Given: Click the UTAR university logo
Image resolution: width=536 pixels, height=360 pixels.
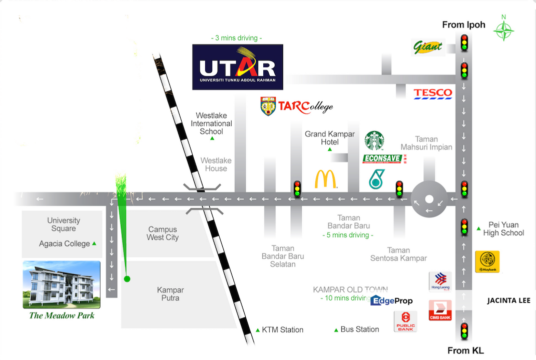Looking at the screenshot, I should [x=238, y=67].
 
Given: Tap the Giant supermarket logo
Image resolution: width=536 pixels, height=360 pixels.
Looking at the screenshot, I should [x=428, y=47].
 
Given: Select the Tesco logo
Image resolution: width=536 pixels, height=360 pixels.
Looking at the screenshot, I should [x=433, y=93].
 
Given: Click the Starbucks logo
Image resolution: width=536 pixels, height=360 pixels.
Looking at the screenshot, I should [x=374, y=140].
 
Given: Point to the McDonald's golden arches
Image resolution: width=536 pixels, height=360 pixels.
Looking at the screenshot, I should [x=326, y=179].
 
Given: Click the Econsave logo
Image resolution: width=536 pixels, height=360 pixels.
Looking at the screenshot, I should [x=383, y=159].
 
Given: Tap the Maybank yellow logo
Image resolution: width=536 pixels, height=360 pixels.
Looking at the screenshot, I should [x=487, y=261].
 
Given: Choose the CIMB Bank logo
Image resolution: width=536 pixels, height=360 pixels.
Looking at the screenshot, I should [x=440, y=310].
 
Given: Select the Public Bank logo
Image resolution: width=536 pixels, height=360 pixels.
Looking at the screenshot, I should [x=405, y=321].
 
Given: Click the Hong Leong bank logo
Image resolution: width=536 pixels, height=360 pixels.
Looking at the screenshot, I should [x=440, y=281].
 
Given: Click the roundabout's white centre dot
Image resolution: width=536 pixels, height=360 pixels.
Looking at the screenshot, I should [x=429, y=199].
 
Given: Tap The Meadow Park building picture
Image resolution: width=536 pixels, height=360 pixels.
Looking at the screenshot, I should [x=62, y=284].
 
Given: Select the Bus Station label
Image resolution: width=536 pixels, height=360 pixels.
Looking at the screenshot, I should [x=359, y=329].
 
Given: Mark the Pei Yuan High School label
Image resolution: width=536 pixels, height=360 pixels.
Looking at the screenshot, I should [x=503, y=229].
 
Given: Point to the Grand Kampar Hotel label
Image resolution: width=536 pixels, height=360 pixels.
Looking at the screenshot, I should [x=330, y=138].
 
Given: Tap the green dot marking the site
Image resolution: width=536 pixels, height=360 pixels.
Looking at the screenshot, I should [x=127, y=279].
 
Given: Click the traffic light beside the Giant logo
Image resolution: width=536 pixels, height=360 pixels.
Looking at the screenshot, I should [x=464, y=42].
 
